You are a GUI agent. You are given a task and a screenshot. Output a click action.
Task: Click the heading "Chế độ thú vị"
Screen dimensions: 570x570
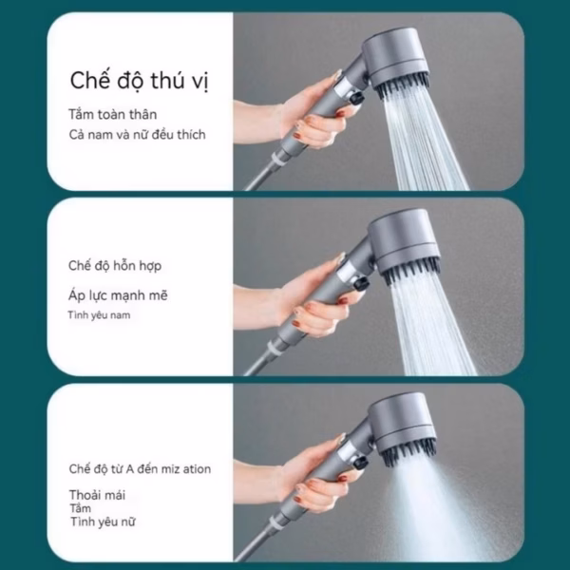pos(140,81)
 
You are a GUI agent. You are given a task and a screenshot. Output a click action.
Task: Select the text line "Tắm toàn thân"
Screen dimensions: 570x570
pos(113,115)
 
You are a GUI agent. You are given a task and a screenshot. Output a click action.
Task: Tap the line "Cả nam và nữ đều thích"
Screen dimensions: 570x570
pos(137,135)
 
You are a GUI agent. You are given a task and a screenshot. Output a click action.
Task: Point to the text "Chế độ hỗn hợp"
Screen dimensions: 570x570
pos(115,266)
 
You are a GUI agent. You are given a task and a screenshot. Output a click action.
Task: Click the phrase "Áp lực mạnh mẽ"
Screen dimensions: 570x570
pos(118,295)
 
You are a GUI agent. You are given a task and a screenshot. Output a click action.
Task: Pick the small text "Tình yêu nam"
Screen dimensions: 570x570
pos(99,314)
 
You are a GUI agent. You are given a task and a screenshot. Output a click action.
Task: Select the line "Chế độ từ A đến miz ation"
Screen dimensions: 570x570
pos(140,469)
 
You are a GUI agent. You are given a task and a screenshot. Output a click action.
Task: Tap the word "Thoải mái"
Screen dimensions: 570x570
pos(97,495)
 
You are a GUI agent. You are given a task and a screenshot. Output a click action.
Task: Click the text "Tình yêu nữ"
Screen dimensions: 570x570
pos(103,522)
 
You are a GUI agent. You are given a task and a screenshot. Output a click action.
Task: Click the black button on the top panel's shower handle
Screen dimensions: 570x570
pos(354,98)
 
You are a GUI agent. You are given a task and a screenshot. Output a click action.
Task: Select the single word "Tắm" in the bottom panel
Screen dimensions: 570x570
pos(81,508)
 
